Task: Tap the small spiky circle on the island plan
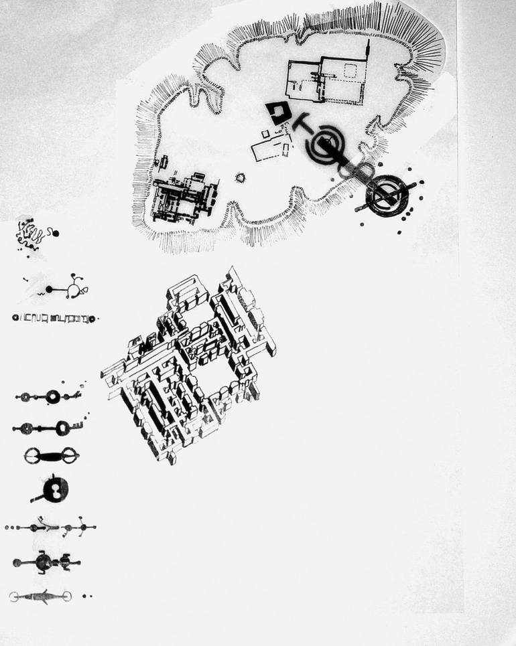pos(241,177)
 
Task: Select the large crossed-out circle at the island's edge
pos(385,195)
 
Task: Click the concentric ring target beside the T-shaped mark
pos(326,143)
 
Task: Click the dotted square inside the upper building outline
pos(348,70)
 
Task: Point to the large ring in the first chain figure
pos(53,397)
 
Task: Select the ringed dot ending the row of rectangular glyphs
pos(91,319)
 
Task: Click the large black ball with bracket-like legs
pos(44,562)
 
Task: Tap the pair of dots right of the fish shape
pos(86,595)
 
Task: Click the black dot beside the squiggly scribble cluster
pos(56,233)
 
